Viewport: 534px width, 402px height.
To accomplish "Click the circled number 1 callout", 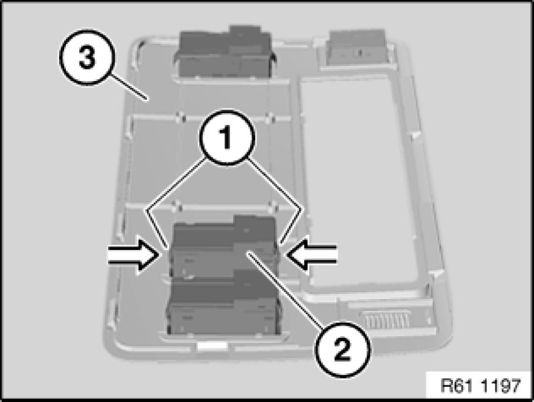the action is (227, 137).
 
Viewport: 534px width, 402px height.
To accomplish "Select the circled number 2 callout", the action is (342, 349).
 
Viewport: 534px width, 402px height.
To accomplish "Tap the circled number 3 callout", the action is (86, 57).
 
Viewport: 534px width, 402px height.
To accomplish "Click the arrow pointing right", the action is (134, 256).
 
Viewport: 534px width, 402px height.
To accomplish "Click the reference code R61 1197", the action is (480, 386).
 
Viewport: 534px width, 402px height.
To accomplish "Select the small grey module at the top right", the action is (357, 47).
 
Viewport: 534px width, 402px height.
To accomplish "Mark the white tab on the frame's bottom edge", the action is (212, 346).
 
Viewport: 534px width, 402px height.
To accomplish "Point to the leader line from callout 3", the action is (129, 87).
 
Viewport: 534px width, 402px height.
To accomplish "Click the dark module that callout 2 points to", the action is (224, 247).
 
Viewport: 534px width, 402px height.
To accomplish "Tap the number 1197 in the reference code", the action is (501, 386).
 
